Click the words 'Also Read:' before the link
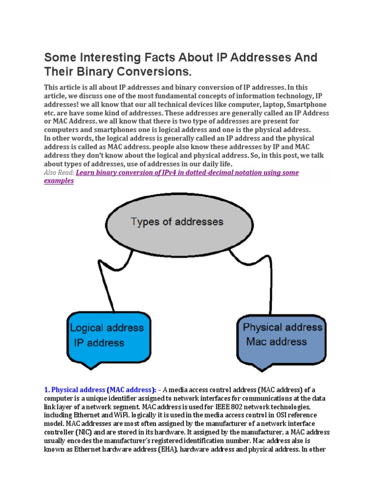59,173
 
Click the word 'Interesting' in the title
107,58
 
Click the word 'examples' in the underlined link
59,181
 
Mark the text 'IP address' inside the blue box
99,343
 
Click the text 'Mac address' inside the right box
276,341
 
